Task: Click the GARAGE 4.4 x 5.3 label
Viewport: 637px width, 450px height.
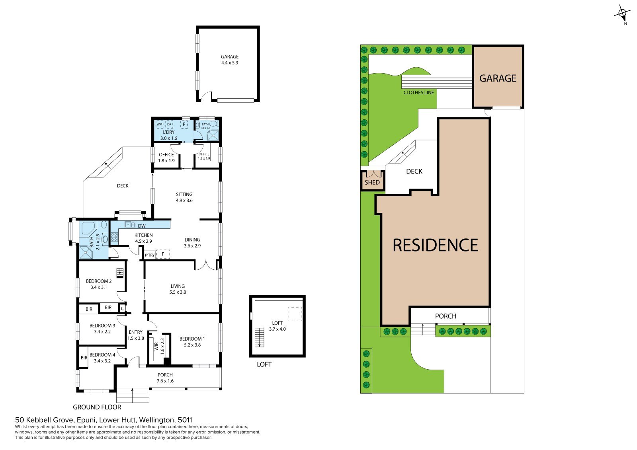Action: [229, 60]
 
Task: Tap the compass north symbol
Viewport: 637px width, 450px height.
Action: [623, 14]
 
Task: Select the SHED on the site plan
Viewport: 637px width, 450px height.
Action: [372, 180]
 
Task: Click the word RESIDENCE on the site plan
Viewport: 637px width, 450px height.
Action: [435, 245]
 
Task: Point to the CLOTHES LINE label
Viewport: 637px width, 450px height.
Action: [418, 93]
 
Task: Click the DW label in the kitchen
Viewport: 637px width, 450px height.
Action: [142, 226]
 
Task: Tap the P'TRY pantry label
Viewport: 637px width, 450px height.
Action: [150, 255]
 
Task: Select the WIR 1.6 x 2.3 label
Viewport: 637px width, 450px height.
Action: [159, 346]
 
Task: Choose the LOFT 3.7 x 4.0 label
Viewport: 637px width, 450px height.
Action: [277, 326]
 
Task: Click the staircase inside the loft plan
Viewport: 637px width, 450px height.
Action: [259, 337]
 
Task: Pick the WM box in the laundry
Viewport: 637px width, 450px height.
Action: [160, 125]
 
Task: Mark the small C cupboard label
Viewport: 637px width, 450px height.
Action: [122, 308]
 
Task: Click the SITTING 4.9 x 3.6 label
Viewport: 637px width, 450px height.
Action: [184, 197]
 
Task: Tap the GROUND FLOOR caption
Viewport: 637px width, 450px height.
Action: [97, 407]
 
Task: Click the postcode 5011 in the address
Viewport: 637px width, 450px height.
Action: [185, 420]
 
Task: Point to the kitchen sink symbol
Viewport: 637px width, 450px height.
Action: [130, 225]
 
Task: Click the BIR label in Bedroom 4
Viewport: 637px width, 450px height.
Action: [84, 358]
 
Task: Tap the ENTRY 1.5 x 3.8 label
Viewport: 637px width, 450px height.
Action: [136, 335]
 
